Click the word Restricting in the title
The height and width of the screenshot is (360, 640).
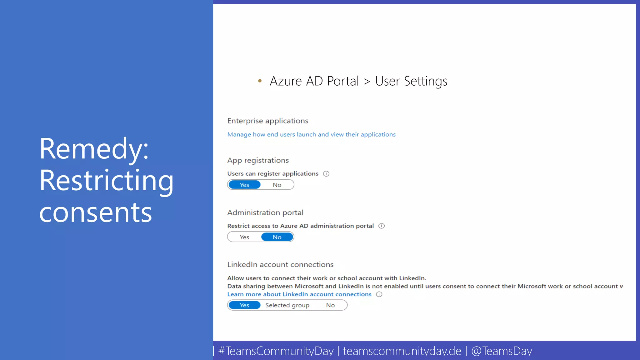click(x=106, y=181)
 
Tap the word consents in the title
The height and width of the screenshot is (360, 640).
click(x=96, y=212)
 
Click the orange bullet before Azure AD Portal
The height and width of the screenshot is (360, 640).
click(x=260, y=81)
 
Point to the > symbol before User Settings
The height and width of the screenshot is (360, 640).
click(x=367, y=82)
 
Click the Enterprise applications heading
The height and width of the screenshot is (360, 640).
click(x=268, y=121)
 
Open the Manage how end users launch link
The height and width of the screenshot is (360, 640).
click(x=311, y=134)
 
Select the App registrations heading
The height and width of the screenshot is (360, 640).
click(x=258, y=160)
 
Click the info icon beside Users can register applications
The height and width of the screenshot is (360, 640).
click(x=326, y=174)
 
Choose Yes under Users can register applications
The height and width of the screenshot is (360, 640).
click(x=244, y=185)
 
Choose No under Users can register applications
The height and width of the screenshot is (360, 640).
click(x=277, y=185)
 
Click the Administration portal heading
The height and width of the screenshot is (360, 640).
click(x=265, y=212)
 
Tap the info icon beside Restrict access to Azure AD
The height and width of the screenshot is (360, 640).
click(x=382, y=226)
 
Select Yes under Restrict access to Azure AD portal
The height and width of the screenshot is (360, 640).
click(x=244, y=237)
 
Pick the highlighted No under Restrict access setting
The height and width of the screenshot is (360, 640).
click(x=277, y=237)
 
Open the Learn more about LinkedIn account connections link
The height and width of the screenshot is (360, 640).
click(x=299, y=294)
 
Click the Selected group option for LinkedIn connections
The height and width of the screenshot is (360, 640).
click(x=287, y=305)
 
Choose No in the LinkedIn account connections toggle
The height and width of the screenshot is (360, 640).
click(x=330, y=305)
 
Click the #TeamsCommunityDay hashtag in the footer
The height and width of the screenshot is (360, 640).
click(x=276, y=351)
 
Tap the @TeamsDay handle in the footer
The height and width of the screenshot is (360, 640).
click(x=502, y=351)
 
